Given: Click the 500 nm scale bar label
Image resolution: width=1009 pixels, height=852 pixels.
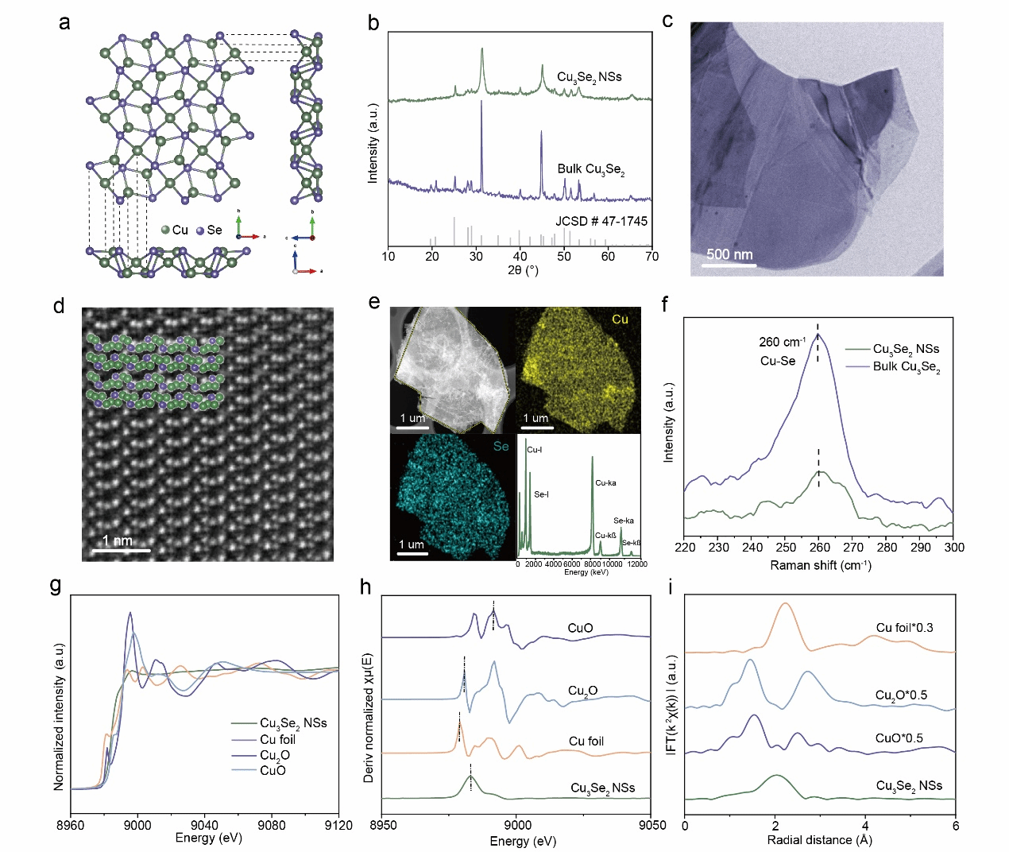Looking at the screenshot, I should [x=729, y=254].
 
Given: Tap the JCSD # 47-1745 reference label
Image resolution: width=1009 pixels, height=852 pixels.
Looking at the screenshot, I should [x=601, y=221].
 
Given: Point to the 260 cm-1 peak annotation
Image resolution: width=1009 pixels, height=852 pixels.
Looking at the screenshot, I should [x=782, y=343].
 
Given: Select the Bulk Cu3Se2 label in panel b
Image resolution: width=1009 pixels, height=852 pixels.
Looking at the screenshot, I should [x=590, y=169].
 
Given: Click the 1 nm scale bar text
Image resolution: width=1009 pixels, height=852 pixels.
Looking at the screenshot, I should [x=118, y=540].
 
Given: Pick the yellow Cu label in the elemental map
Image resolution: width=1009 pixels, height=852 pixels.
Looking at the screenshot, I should [x=620, y=319].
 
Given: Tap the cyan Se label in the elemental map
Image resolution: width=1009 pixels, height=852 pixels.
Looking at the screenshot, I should [x=501, y=447].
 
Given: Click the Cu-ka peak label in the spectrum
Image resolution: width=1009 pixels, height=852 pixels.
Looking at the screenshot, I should [x=605, y=483].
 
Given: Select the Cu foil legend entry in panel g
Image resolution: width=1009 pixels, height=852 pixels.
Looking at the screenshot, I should [x=277, y=739].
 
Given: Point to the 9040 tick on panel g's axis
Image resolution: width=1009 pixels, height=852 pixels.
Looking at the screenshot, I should [x=205, y=824].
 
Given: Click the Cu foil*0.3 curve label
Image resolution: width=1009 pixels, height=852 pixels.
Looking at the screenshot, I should [x=904, y=628].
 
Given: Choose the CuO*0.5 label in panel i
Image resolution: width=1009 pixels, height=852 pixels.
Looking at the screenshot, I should [x=899, y=738].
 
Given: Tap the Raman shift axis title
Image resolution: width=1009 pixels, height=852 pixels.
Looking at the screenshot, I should [x=820, y=566].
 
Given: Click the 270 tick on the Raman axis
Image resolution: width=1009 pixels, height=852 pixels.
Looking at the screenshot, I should [x=853, y=547].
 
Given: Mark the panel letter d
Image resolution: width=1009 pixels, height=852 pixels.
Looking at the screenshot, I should [x=59, y=306].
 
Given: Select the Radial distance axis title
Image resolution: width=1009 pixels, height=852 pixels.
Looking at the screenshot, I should [x=819, y=840].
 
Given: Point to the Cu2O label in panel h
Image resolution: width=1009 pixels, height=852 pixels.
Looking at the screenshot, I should [x=582, y=691].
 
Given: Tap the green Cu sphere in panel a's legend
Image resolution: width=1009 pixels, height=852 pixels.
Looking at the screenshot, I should [x=165, y=230].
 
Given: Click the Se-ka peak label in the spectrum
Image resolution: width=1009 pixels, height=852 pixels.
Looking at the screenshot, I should [x=624, y=521].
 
